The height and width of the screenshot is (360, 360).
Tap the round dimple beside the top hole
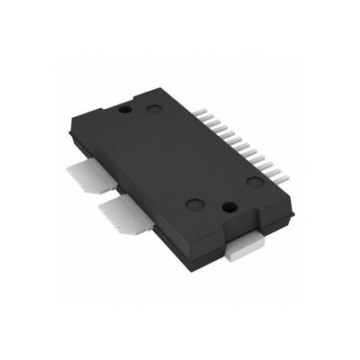[x=155, y=109]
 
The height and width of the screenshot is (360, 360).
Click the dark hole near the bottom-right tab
[x=227, y=207]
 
